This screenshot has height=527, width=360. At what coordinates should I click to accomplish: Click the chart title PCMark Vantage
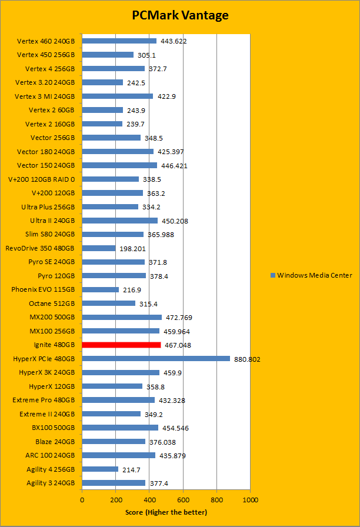click(180, 15)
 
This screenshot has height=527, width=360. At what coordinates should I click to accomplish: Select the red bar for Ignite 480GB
click(121, 345)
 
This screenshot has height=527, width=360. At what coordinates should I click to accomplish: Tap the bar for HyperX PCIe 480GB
click(156, 358)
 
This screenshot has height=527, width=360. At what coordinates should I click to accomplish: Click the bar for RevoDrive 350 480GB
click(99, 248)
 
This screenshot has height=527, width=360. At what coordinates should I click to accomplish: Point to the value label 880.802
click(248, 359)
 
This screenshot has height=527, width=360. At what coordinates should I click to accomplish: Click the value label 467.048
click(179, 345)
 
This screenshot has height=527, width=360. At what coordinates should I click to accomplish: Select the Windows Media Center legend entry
click(311, 275)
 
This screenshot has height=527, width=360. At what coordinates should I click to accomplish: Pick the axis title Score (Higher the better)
click(166, 512)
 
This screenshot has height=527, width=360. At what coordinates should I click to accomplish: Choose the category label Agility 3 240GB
click(51, 483)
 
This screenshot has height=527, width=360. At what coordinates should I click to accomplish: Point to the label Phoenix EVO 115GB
click(43, 289)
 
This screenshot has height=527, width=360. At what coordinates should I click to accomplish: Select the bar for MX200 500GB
click(122, 317)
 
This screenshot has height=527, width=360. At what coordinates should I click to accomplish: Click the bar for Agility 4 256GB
click(100, 469)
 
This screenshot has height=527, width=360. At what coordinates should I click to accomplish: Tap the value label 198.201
click(134, 249)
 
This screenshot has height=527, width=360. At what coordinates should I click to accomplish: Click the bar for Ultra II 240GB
click(120, 221)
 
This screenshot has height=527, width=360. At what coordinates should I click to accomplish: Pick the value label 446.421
click(174, 166)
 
